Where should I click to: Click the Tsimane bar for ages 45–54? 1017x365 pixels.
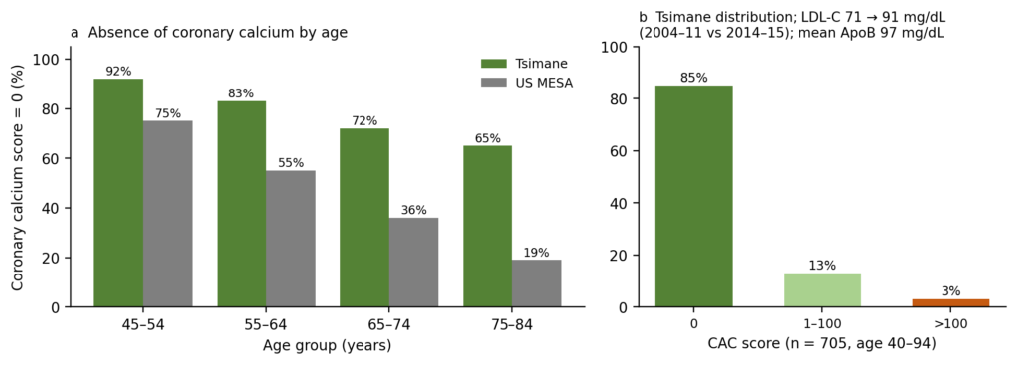118,192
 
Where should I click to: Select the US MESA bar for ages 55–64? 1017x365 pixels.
291,239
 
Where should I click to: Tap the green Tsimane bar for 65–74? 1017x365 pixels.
364,218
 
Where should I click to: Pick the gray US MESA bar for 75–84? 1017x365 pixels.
537,283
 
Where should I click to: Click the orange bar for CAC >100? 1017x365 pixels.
950,302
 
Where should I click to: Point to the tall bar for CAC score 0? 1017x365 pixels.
694,196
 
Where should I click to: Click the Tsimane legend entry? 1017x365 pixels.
524,63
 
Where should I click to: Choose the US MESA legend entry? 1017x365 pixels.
526,84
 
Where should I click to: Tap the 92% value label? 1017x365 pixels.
119,71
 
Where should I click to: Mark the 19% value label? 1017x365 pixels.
537,252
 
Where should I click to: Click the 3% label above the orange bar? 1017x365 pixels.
950,291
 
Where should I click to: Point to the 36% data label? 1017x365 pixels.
414,210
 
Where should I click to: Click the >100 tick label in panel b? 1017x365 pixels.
950,324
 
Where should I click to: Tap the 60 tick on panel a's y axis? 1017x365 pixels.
52,158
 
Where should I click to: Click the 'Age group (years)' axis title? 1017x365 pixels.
328,345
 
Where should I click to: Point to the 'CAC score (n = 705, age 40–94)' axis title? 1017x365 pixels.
822,344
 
